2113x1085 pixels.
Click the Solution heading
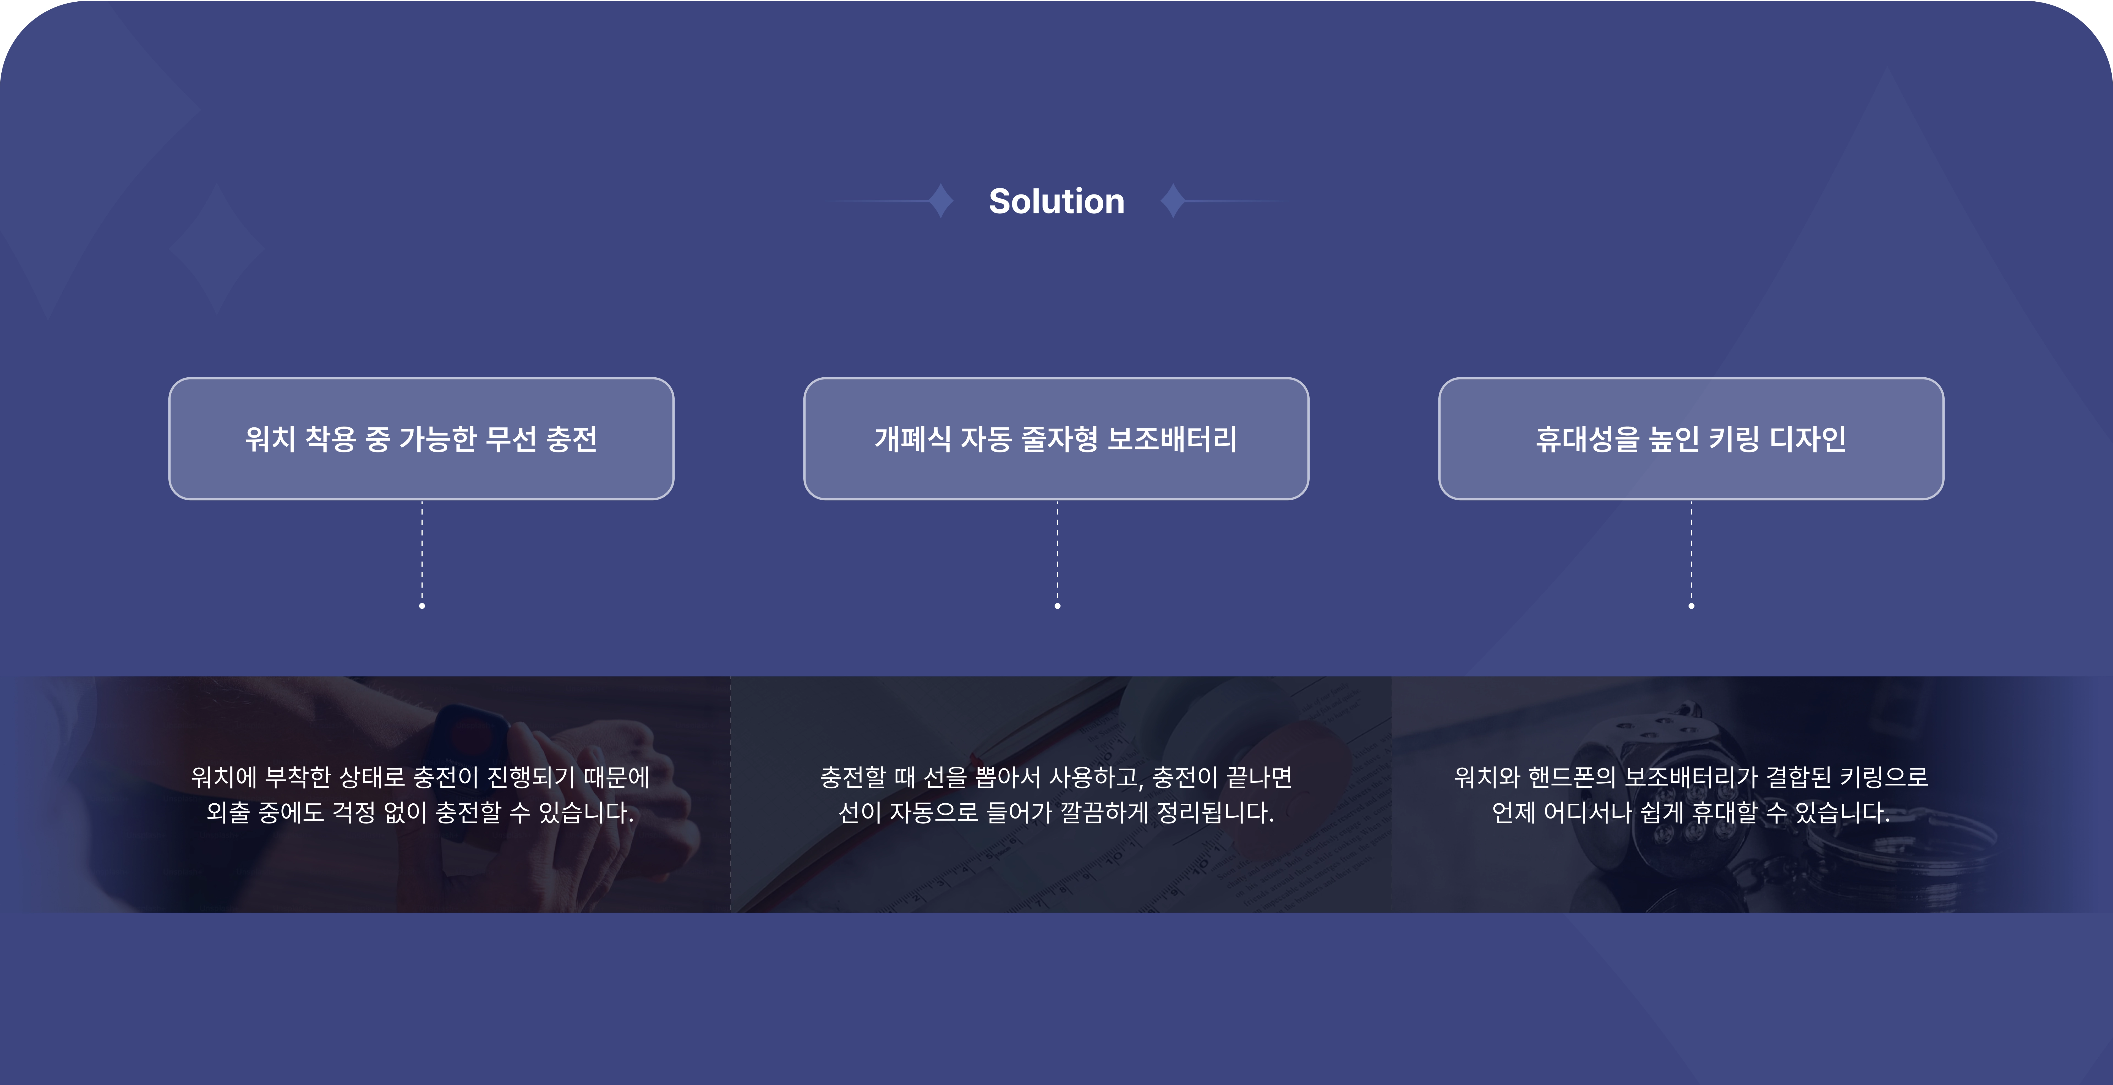tap(1056, 201)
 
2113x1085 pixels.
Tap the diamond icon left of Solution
tap(941, 201)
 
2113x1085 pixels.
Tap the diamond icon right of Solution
tap(1173, 201)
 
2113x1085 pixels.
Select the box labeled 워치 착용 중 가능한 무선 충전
tap(421, 439)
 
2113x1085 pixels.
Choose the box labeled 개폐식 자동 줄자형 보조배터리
tap(1056, 439)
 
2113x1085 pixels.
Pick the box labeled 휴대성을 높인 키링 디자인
tap(1692, 439)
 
